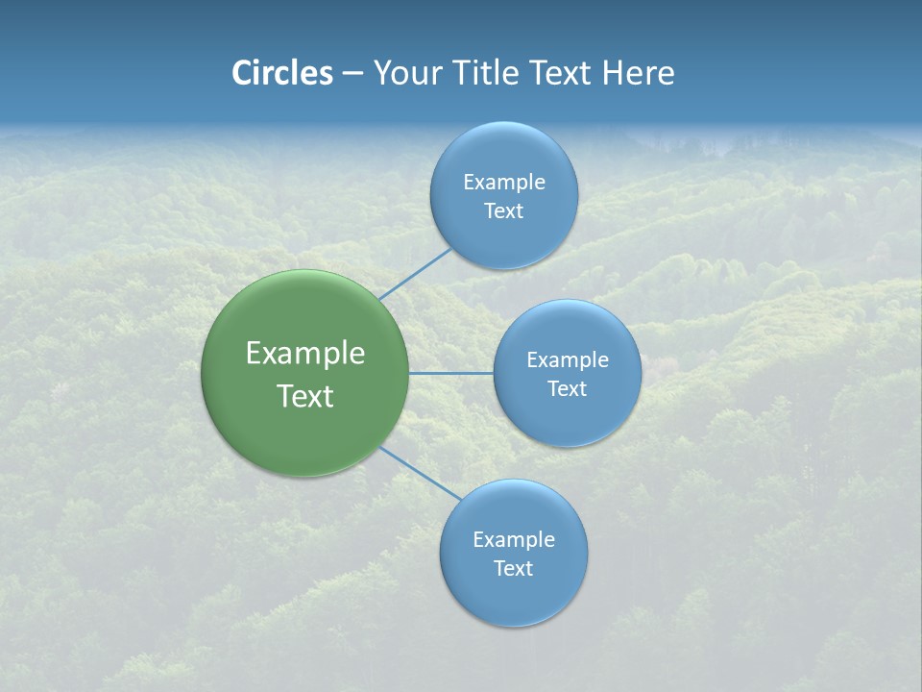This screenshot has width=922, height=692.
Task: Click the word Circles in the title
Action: [x=282, y=73]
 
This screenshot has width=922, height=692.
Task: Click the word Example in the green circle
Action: [x=305, y=354]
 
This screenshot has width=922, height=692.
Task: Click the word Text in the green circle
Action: [x=305, y=396]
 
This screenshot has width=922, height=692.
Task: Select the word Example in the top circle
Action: [x=503, y=183]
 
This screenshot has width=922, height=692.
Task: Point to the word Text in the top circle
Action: [x=503, y=211]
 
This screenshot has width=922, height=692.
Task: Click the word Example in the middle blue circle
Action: [x=567, y=360]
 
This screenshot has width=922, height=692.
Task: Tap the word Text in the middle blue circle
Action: [x=567, y=389]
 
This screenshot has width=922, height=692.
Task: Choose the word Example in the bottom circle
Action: [x=513, y=540]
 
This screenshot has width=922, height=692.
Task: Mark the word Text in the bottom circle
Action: [x=513, y=569]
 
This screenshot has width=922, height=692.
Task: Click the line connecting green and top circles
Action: [x=415, y=274]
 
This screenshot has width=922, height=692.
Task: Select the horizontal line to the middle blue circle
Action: [x=451, y=373]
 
